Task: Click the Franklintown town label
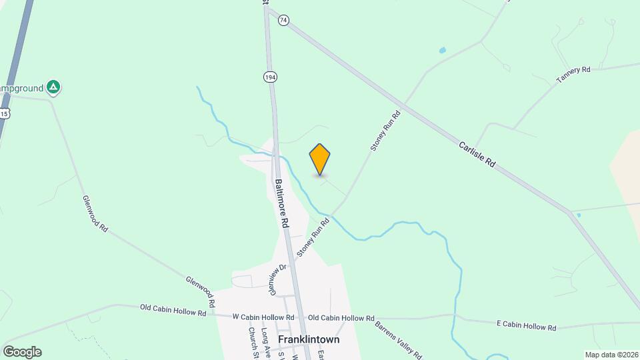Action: (309, 339)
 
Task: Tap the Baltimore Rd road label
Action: (281, 203)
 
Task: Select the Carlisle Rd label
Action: (477, 153)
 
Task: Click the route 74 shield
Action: (284, 21)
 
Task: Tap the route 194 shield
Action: (269, 77)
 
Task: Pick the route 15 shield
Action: (4, 114)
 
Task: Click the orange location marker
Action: (320, 160)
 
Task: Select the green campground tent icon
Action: (54, 87)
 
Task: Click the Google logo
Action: (22, 352)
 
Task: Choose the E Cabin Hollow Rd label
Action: (526, 327)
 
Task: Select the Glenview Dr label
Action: (277, 278)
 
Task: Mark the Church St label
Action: (253, 343)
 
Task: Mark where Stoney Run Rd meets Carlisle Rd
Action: (404, 107)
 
